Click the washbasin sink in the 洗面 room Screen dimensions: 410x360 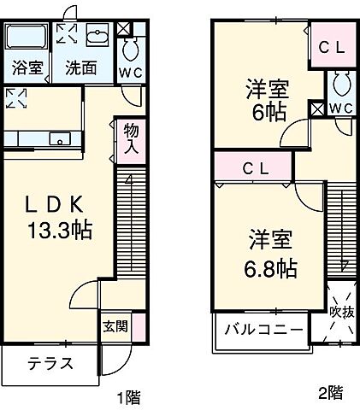(96, 38)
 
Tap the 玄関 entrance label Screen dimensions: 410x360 (116, 325)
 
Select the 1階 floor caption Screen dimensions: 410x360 (129, 396)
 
